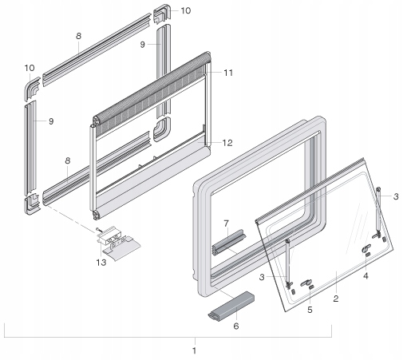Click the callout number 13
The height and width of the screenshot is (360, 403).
point(101,263)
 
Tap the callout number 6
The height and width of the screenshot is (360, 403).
point(236,326)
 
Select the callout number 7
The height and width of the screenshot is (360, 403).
point(226,224)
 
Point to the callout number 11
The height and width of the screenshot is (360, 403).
point(228,73)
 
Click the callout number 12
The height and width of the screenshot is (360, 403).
point(227,143)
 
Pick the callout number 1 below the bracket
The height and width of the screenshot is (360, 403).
point(194,350)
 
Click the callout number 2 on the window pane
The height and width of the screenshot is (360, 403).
point(336,299)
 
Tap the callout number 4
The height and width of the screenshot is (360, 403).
point(365,276)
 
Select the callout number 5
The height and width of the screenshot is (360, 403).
point(310,310)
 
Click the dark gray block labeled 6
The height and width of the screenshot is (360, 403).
point(231,305)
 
